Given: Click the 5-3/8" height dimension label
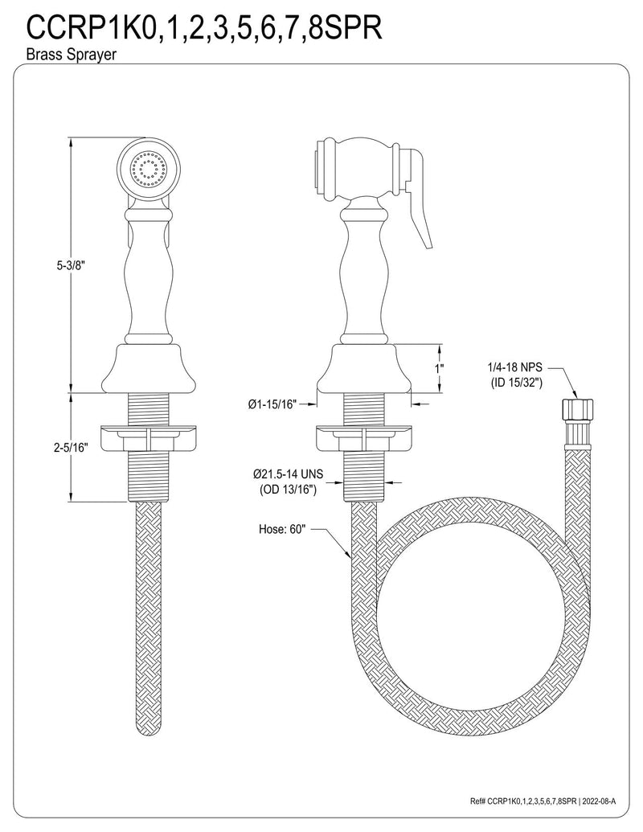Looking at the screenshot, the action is click(x=71, y=266).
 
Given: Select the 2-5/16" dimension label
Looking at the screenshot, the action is click(x=71, y=447).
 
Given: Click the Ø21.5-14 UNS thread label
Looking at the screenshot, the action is click(x=288, y=473).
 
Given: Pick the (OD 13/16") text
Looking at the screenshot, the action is click(x=288, y=490).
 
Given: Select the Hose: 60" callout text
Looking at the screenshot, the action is click(x=282, y=529).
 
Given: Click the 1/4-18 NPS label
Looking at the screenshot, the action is click(x=515, y=367).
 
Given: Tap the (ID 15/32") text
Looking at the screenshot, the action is click(x=516, y=383).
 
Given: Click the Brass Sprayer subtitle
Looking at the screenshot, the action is click(x=71, y=55).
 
